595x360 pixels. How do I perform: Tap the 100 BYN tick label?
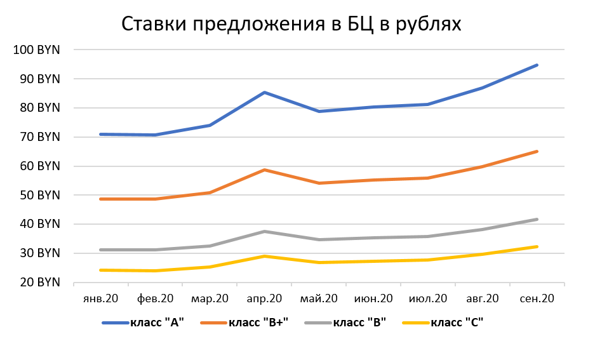pos(36,50)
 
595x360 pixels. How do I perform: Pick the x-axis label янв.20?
pos(101,298)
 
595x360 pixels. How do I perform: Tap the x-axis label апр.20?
pos(264,298)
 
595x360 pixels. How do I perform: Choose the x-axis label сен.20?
pos(538,298)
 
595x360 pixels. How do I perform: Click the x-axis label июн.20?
pos(373,298)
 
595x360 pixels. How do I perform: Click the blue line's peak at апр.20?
pos(264,93)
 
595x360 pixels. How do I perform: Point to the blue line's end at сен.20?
pos(537,65)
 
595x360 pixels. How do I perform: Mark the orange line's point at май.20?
pos(319,183)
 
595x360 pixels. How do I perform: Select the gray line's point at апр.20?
pos(264,232)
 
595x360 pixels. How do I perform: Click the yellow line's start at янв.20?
pos(101,270)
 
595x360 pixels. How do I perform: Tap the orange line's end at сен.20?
pos(537,151)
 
